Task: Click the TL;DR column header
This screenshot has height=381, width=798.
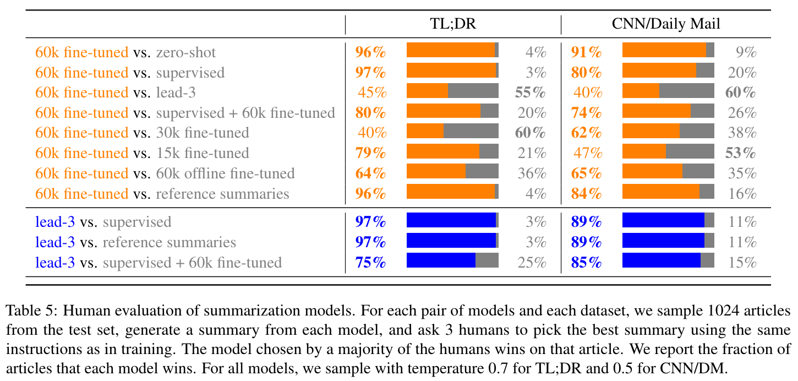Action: (x=452, y=24)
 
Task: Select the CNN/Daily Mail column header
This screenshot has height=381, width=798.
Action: (x=666, y=24)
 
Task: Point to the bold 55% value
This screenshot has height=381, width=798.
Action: (x=530, y=92)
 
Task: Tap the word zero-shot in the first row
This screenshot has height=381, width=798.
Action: (x=186, y=52)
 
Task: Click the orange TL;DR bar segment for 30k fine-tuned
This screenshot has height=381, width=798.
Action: (x=425, y=133)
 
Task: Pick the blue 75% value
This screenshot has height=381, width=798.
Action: (x=370, y=262)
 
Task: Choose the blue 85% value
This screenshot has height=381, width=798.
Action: (x=586, y=262)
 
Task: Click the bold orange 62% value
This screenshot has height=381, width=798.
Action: (x=586, y=133)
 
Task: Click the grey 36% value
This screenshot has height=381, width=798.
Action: (x=532, y=173)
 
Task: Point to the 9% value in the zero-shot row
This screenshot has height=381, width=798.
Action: (x=746, y=52)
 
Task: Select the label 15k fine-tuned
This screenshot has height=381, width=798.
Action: (x=203, y=153)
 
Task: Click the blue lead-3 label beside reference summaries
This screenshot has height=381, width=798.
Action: (x=55, y=242)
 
